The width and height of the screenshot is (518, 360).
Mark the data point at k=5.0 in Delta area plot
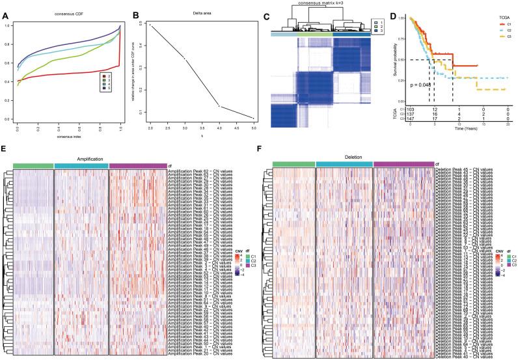pos(253,118)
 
